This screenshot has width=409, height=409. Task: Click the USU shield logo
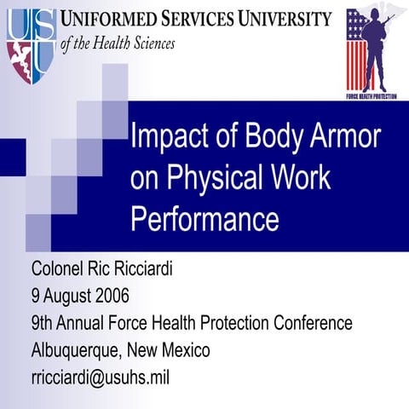(x=32, y=43)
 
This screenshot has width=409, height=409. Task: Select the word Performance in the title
(x=204, y=218)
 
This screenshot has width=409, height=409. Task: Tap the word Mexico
(x=180, y=350)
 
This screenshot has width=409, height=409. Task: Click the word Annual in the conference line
(x=88, y=324)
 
